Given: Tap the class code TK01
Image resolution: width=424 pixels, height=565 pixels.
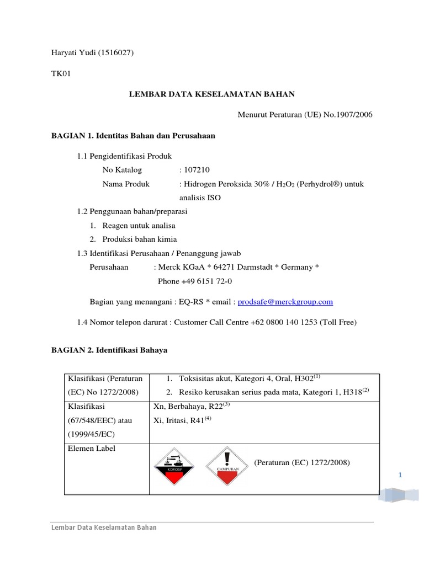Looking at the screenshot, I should [x=61, y=73].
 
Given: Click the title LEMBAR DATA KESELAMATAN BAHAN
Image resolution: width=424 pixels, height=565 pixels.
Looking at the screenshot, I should [x=212, y=94].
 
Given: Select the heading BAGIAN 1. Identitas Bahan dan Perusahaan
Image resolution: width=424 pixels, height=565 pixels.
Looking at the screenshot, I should [x=133, y=135].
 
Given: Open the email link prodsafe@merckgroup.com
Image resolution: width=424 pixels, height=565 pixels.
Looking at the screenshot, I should [x=285, y=302].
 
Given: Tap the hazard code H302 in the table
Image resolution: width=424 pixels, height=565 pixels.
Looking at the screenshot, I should [x=302, y=379].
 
